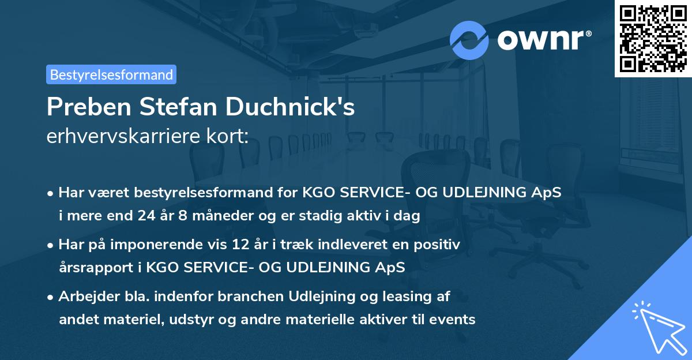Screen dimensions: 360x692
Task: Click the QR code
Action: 653,39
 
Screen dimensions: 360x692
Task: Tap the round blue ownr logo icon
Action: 469,40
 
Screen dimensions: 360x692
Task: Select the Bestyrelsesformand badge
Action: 111,74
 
